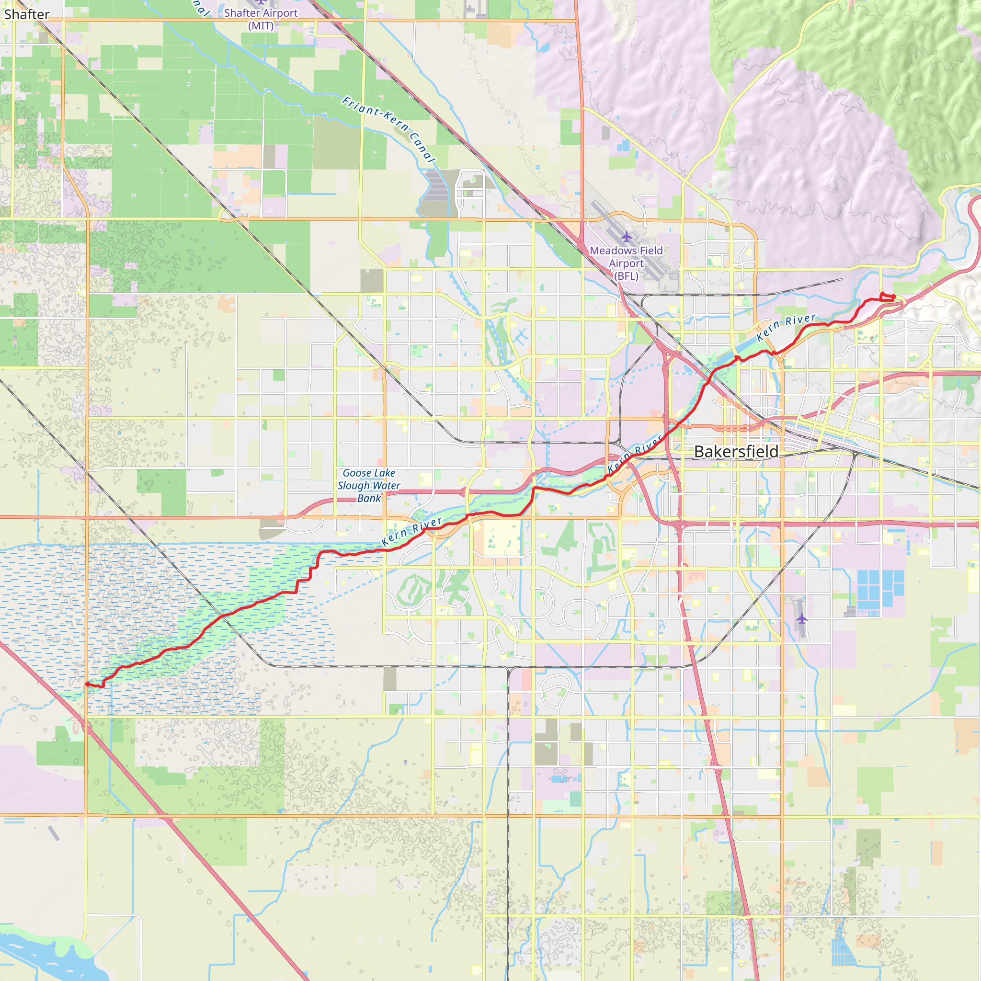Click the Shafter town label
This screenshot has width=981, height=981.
(26, 14)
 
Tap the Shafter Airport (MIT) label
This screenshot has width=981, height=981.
(261, 19)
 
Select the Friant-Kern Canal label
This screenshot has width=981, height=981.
(388, 129)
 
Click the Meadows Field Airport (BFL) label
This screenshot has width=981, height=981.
(626, 263)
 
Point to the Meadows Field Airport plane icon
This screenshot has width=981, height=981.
(627, 237)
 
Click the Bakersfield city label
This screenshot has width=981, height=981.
(736, 451)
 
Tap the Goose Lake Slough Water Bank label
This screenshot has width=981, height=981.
(369, 485)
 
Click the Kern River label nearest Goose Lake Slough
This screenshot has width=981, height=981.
(411, 532)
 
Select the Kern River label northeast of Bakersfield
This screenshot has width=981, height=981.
(786, 328)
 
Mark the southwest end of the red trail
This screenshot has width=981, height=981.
(87, 684)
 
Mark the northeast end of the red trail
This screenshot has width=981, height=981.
(893, 297)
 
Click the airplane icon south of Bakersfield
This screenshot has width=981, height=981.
(802, 618)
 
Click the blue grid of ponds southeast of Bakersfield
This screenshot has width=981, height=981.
(880, 589)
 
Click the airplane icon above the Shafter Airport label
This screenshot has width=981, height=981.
(261, 2)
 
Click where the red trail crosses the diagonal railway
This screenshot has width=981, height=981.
(222, 616)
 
